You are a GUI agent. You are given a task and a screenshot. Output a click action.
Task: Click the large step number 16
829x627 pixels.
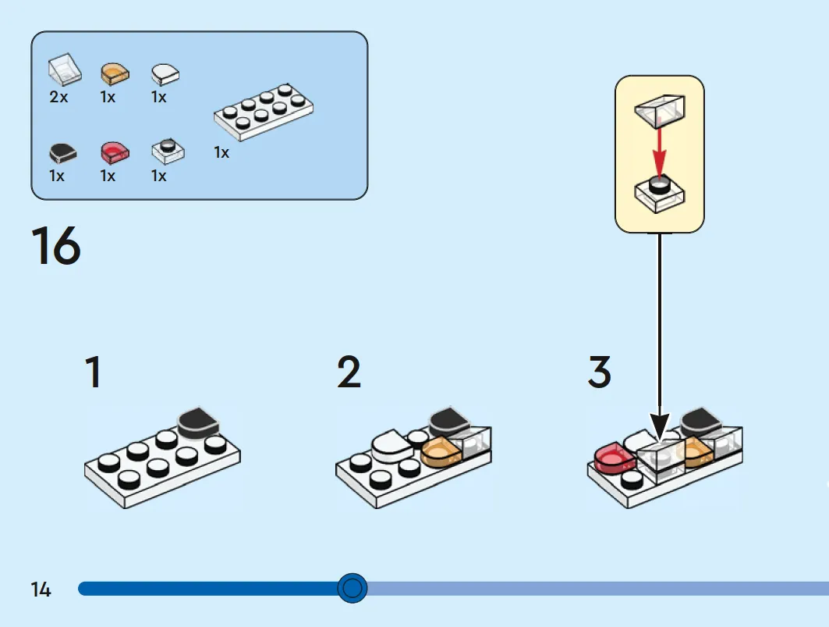coord(56,244)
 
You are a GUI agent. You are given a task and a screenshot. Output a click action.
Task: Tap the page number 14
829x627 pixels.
coord(41,590)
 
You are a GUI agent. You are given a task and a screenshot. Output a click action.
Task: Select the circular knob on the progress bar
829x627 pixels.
coord(353,588)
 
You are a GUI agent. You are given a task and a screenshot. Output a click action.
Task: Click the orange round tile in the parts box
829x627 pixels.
coord(115,73)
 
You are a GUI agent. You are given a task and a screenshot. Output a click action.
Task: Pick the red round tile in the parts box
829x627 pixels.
coord(115,152)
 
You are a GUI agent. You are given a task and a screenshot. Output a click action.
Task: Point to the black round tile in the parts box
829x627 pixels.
coord(63,152)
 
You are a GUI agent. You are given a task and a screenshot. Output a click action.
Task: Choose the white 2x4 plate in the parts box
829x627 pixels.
coord(264,112)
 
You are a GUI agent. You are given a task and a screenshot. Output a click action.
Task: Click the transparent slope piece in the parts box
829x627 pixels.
coord(65,70)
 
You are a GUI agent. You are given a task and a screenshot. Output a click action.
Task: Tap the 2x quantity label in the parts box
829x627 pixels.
coord(58,97)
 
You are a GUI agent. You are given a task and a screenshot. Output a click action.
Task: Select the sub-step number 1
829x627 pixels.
coord(94,372)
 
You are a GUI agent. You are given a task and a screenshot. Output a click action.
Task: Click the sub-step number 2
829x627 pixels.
coord(349,372)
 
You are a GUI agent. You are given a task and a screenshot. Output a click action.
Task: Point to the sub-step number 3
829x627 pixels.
coord(600,372)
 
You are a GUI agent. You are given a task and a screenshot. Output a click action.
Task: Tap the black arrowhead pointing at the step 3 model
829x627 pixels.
coord(659,427)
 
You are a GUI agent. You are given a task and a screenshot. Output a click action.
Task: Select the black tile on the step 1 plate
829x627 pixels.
coord(198,422)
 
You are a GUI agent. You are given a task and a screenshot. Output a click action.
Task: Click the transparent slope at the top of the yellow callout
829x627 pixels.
coord(660,111)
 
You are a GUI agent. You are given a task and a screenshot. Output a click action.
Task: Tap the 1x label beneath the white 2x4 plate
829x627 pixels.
coord(221,152)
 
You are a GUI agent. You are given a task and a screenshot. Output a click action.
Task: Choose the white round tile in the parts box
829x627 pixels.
coord(165,74)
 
